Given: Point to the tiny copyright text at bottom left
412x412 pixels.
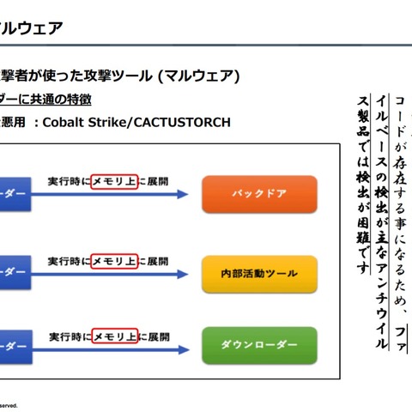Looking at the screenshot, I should pyautogui.click(x=9, y=404).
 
